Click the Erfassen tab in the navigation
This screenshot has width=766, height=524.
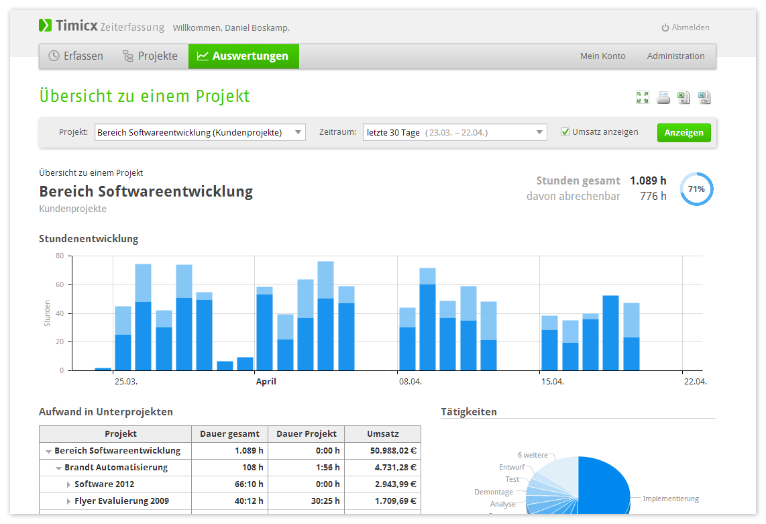point(76,56)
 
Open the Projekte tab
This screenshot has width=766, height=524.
point(150,56)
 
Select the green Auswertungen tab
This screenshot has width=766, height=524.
point(243,56)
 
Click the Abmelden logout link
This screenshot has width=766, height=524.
point(686,28)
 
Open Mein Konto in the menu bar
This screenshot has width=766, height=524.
point(603,56)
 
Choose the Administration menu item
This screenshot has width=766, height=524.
point(675,56)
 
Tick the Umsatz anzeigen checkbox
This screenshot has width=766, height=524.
point(565,132)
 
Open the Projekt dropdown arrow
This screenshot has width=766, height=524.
point(298,132)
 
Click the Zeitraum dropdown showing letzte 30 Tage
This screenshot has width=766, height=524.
point(455,132)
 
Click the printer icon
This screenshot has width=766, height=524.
point(663,98)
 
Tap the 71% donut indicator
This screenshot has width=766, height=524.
point(697,189)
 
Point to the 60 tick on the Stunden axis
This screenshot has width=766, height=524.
point(60,284)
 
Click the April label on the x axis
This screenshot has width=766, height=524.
point(266,381)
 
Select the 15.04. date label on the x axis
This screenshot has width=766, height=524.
point(553,381)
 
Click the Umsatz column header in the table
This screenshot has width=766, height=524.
point(383,434)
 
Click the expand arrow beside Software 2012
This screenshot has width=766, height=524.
point(68,484)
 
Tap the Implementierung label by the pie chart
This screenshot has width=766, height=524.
point(671,499)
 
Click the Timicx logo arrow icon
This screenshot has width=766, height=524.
point(46,25)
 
